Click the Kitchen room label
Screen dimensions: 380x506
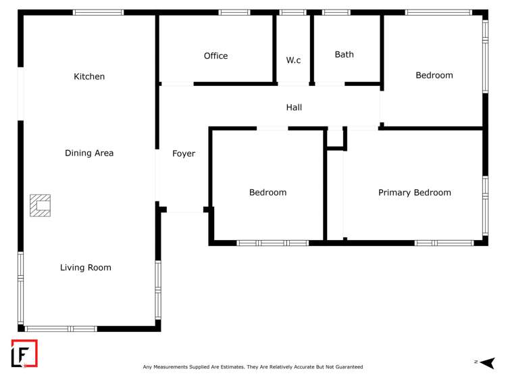(x=89, y=77)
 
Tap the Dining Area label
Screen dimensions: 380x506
(x=89, y=153)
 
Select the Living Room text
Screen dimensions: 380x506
(x=86, y=268)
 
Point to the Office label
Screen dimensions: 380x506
(x=216, y=56)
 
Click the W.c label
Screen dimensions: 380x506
(x=293, y=60)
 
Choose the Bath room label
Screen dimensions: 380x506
(x=344, y=55)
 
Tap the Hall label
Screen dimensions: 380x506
(x=294, y=108)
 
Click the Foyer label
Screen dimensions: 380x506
(x=184, y=154)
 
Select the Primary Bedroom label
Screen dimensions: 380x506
(x=414, y=193)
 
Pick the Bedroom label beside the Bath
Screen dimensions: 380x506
(x=434, y=76)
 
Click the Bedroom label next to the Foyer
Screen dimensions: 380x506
(x=268, y=193)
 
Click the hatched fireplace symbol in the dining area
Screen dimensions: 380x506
(x=40, y=206)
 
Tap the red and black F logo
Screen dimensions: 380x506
(x=24, y=354)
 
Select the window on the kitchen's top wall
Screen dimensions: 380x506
(x=98, y=12)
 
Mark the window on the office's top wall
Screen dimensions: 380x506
(x=234, y=12)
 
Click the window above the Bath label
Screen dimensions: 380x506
(x=336, y=12)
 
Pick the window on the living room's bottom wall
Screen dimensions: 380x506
(x=61, y=329)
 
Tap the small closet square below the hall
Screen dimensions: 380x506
(x=336, y=139)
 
